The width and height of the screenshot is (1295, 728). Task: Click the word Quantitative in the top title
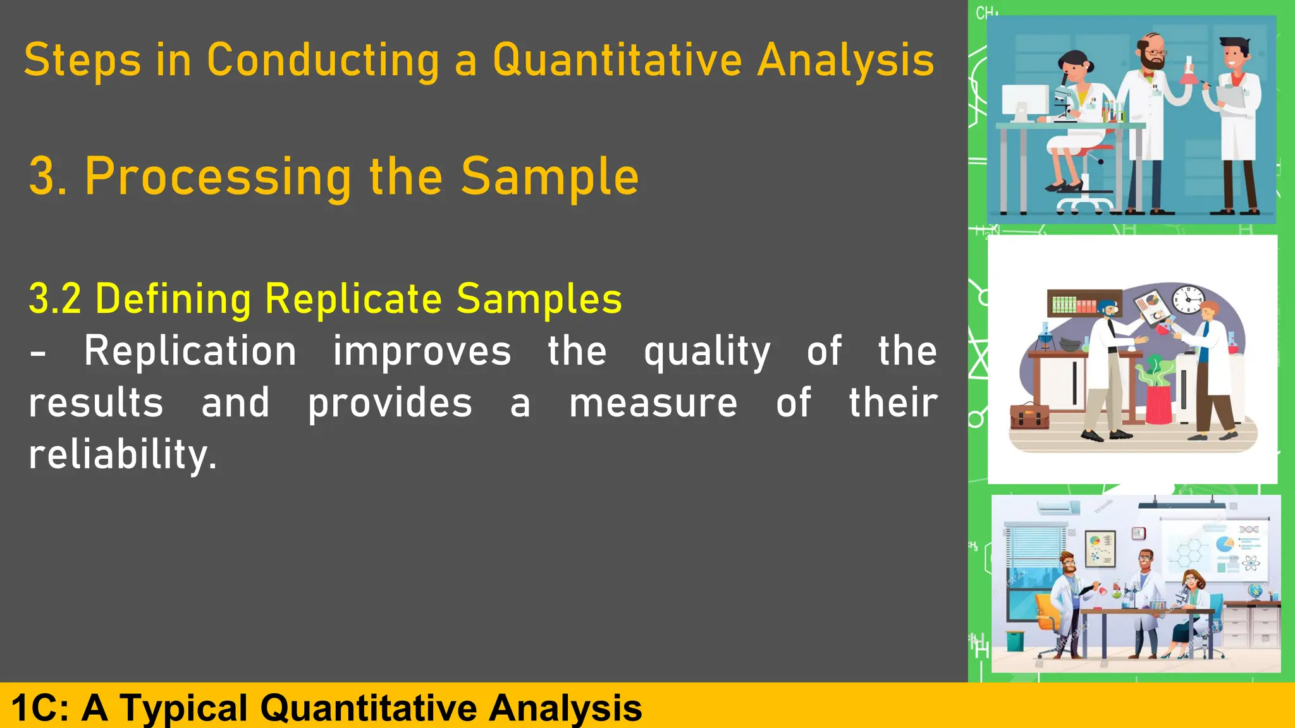pyautogui.click(x=617, y=61)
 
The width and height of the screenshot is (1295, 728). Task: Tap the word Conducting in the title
pyautogui.click(x=322, y=61)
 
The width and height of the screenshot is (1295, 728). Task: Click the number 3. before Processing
pyautogui.click(x=48, y=177)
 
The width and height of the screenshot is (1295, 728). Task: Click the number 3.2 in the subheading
pyautogui.click(x=54, y=299)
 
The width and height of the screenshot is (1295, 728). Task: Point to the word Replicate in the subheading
pyautogui.click(x=353, y=299)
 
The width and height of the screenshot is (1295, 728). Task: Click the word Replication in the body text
pyautogui.click(x=190, y=351)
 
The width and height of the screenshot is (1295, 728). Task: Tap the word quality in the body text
pyautogui.click(x=706, y=353)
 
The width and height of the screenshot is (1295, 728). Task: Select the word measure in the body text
pyautogui.click(x=653, y=403)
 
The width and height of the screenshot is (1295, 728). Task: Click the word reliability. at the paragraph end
pyautogui.click(x=123, y=455)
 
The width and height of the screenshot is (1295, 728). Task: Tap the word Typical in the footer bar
pyautogui.click(x=183, y=708)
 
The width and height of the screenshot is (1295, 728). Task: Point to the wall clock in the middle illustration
pyautogui.click(x=1188, y=298)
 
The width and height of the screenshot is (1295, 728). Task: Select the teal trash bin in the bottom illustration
pyautogui.click(x=1014, y=640)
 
